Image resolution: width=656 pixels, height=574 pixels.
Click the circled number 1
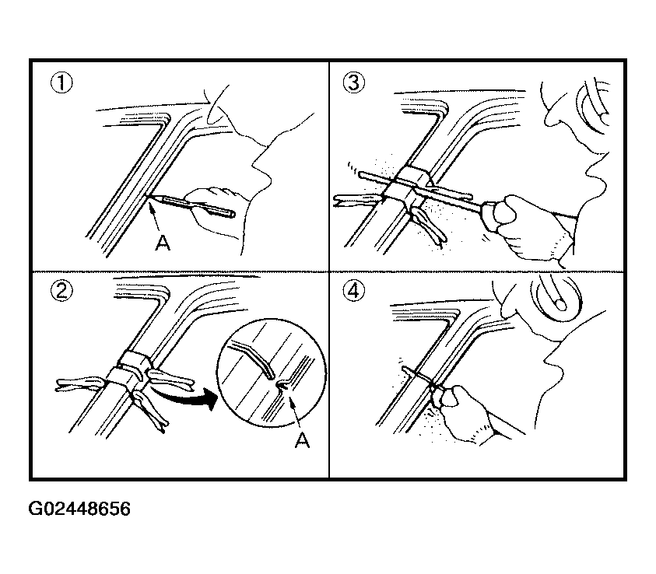point(61,82)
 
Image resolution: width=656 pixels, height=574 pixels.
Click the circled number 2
point(61,291)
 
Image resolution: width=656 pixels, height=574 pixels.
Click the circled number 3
point(353,82)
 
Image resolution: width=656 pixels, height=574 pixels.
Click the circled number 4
point(353,291)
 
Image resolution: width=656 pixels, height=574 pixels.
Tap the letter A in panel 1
point(163,242)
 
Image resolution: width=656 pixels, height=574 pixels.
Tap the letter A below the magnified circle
point(302,439)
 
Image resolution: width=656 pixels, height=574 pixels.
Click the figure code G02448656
point(79,509)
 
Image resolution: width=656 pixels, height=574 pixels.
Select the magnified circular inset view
point(272,373)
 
